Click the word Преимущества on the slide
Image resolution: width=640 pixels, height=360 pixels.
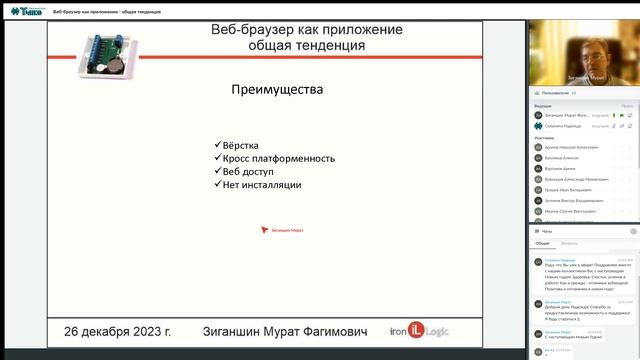(x=277, y=89)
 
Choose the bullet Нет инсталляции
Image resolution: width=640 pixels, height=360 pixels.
(x=261, y=184)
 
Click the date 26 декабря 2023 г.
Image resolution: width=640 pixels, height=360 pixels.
(x=117, y=329)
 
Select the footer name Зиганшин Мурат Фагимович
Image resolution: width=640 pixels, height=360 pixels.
(x=272, y=329)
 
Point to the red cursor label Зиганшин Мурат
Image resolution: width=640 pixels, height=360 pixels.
(x=284, y=229)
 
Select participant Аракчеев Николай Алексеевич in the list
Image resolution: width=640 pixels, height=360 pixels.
(x=572, y=146)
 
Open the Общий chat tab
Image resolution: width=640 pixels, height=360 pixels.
(x=543, y=243)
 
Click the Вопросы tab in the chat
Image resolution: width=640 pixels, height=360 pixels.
(x=569, y=243)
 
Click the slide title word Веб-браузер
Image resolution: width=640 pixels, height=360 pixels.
(x=246, y=30)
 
